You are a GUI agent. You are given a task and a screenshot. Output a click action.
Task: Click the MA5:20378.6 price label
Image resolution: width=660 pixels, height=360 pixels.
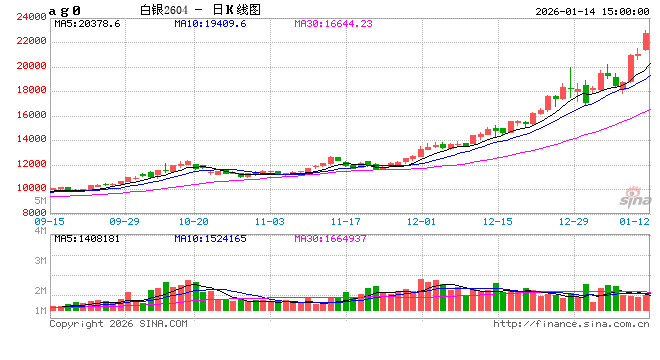coord(88,22)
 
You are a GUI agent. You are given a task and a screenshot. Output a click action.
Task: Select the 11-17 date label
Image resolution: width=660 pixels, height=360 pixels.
coord(345,220)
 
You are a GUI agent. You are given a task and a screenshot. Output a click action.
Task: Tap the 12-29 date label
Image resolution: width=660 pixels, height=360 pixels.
coord(573,220)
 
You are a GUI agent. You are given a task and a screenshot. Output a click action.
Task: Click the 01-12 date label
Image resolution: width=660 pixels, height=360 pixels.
coord(634,220)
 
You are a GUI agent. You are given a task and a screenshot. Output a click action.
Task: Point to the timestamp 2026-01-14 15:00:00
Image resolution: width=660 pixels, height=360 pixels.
coord(591,9)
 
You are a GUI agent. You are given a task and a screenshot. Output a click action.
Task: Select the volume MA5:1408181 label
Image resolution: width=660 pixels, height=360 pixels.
coord(94,239)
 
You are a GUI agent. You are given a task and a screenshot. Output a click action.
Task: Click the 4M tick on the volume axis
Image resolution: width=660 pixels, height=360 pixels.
coord(41,231)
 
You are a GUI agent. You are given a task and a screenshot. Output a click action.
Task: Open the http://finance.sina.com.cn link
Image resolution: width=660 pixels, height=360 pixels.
coord(571,324)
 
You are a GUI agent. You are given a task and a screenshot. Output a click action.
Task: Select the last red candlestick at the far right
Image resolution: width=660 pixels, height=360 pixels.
coord(646,41)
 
